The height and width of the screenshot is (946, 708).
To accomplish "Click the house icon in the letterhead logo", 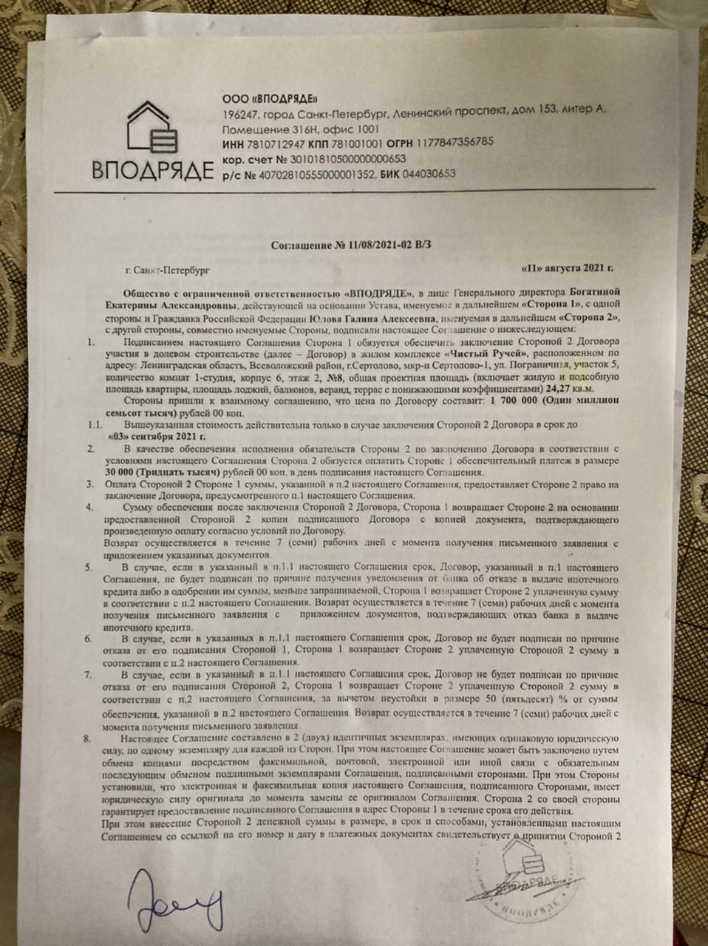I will click(x=151, y=129).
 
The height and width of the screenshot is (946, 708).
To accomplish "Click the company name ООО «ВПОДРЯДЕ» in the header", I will click(x=270, y=98).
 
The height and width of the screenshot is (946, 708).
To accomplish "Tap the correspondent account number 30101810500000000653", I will click(x=347, y=158).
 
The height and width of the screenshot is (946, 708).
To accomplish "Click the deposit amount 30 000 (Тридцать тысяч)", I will click(x=163, y=472).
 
